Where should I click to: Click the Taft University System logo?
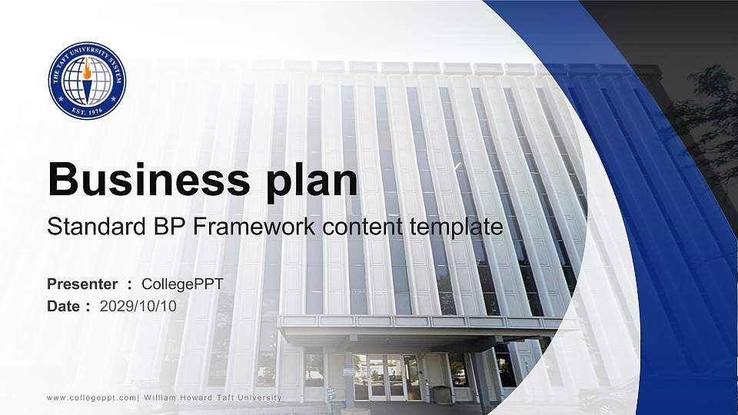[x=87, y=81]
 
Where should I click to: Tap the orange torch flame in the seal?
[x=87, y=71]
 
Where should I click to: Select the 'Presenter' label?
[x=82, y=284]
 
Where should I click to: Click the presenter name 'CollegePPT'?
[x=183, y=284]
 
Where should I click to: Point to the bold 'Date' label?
[x=64, y=306]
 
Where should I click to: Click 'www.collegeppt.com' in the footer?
[x=91, y=397]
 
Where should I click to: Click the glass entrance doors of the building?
[x=387, y=377]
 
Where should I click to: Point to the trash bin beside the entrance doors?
[x=441, y=393]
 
